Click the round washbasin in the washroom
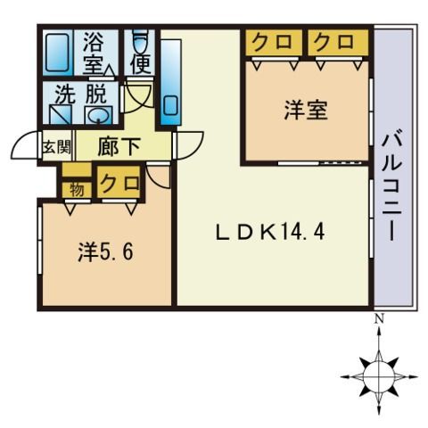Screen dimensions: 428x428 (97, 116)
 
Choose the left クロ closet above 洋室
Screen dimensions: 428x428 (267, 42)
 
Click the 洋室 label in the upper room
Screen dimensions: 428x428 (306, 111)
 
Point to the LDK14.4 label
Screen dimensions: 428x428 (272, 234)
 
